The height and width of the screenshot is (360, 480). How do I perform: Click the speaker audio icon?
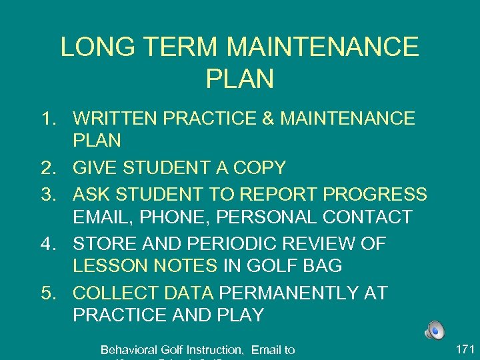click(434, 330)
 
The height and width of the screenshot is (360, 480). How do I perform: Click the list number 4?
click(47, 243)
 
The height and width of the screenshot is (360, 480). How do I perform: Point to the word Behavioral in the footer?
click(128, 349)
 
